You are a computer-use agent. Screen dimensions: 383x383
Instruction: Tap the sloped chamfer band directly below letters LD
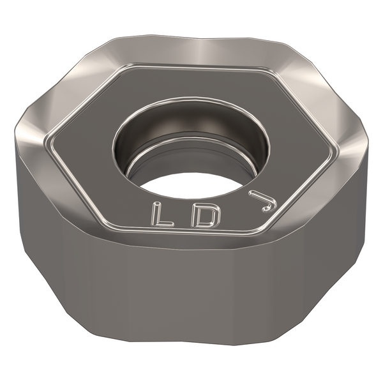click(185, 239)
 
